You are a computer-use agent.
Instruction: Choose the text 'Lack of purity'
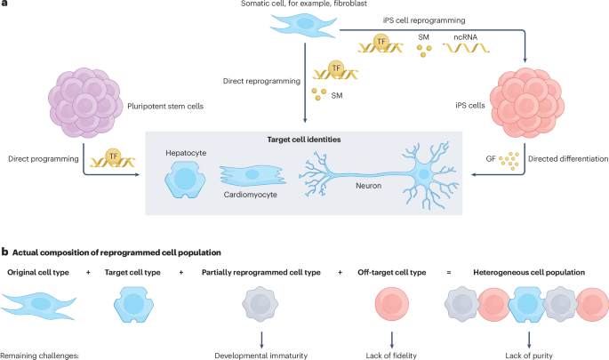point(530,356)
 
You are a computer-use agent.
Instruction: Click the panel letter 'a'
point(4,6)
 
